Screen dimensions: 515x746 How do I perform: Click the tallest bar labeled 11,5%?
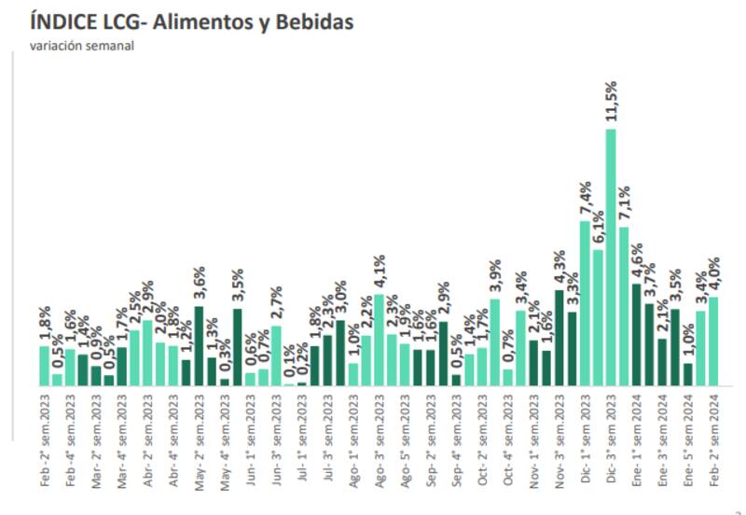(x=611, y=257)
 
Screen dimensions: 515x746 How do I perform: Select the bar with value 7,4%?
(x=585, y=303)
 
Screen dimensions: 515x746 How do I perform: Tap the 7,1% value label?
(x=624, y=200)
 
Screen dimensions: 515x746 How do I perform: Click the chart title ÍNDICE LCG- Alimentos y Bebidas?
(x=192, y=21)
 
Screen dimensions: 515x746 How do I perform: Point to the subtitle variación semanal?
(x=82, y=45)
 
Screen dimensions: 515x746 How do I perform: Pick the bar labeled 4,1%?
(x=379, y=341)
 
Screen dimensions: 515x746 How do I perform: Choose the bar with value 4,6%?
(x=636, y=335)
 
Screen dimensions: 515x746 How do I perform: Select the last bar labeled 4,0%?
(x=713, y=341)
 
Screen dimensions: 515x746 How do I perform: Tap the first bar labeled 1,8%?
(x=44, y=366)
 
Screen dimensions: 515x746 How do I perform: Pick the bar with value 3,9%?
(x=494, y=342)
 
